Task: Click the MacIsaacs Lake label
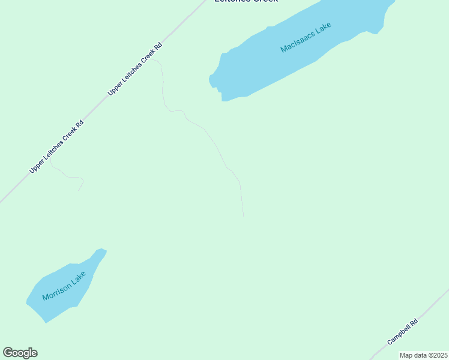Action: [306, 38]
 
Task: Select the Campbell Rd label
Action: [402, 332]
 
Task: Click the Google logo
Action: [20, 353]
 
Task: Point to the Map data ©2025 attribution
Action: [424, 355]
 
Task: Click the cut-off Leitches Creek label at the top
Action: [246, 2]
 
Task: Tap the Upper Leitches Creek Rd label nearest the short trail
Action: [56, 147]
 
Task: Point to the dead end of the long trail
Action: [243, 216]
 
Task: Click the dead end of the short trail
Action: [78, 191]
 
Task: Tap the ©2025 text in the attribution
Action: [438, 355]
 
